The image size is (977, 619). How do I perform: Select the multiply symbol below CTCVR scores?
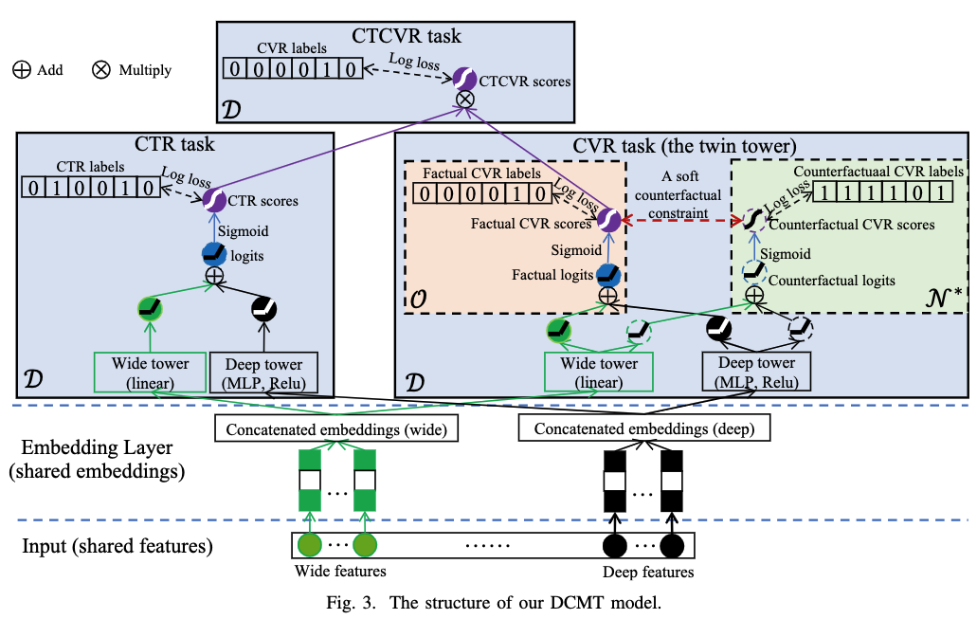coord(465,100)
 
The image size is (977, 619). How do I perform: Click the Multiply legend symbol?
coord(101,70)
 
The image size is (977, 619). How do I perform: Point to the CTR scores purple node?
coord(213,198)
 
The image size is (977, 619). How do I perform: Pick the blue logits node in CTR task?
coord(213,254)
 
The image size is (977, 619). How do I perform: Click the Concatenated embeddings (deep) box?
coord(644,429)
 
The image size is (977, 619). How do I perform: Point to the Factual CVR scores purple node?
coord(608,221)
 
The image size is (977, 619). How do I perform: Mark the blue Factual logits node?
coord(607,276)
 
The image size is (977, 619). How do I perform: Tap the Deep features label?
coord(648,572)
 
